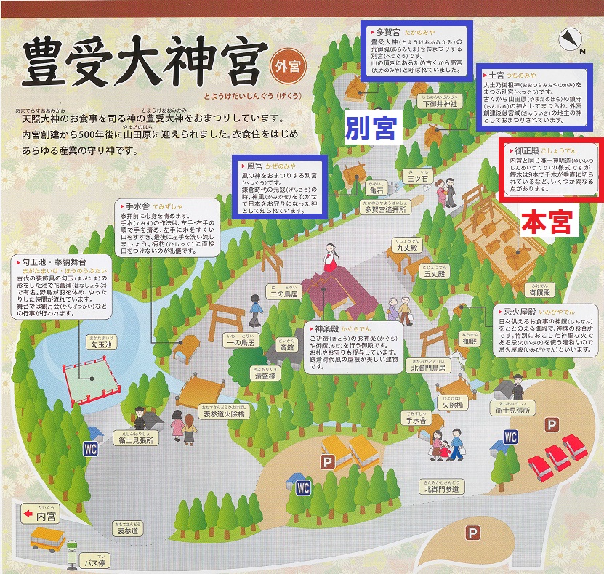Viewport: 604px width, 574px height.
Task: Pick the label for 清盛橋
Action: pos(268,377)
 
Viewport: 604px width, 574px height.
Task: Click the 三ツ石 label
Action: pos(419,177)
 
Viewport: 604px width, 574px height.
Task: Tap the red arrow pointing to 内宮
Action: pos(28,514)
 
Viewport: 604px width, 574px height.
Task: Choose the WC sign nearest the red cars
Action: pos(511,437)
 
